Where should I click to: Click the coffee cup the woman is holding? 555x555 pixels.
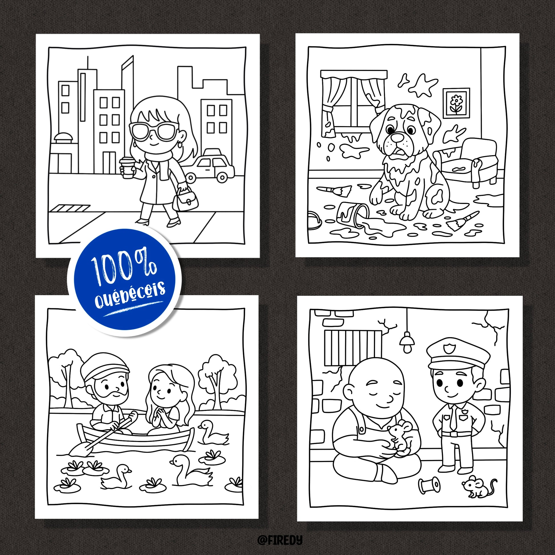pyautogui.click(x=126, y=166)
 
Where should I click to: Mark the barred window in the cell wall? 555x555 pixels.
pyautogui.click(x=353, y=348)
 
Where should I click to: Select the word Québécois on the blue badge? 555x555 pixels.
pyautogui.click(x=130, y=293)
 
